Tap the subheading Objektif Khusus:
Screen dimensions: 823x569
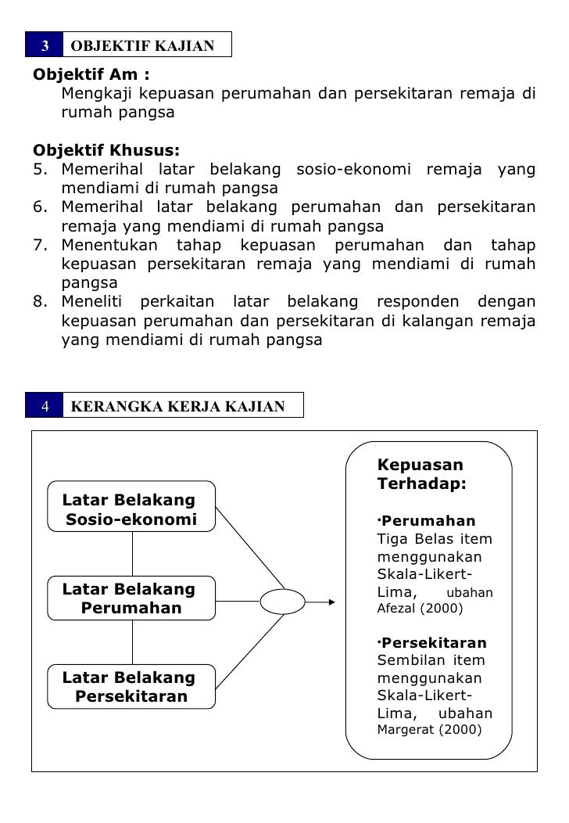(x=106, y=150)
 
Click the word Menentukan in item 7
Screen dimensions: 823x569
(x=104, y=246)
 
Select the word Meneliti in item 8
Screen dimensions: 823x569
(x=92, y=302)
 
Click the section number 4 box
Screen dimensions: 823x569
(x=45, y=405)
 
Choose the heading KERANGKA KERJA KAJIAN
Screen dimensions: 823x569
(x=177, y=405)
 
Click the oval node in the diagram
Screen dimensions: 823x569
(x=282, y=602)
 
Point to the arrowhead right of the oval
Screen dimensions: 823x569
(x=331, y=602)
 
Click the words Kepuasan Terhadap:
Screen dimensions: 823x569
(x=420, y=474)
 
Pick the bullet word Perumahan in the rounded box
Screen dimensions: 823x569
(x=429, y=521)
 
